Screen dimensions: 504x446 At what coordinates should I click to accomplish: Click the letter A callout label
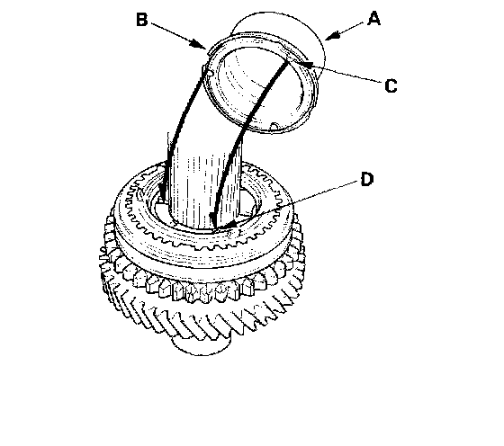coord(374,18)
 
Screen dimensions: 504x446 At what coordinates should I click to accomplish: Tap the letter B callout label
coord(142,19)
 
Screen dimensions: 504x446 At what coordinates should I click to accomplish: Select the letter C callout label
coord(391,85)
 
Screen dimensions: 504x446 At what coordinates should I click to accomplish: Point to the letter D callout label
coord(367,179)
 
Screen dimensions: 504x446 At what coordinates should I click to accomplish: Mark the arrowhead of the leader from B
coord(199,45)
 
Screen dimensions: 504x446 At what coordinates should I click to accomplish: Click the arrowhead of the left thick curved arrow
coord(163,194)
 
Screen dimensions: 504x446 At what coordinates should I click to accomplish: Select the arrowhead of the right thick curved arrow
coord(212,221)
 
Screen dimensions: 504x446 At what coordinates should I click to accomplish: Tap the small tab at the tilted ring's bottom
coord(274,127)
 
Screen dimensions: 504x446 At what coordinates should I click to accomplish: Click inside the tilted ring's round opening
coord(260,84)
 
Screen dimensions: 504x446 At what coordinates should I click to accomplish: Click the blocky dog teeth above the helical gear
coord(196,286)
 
